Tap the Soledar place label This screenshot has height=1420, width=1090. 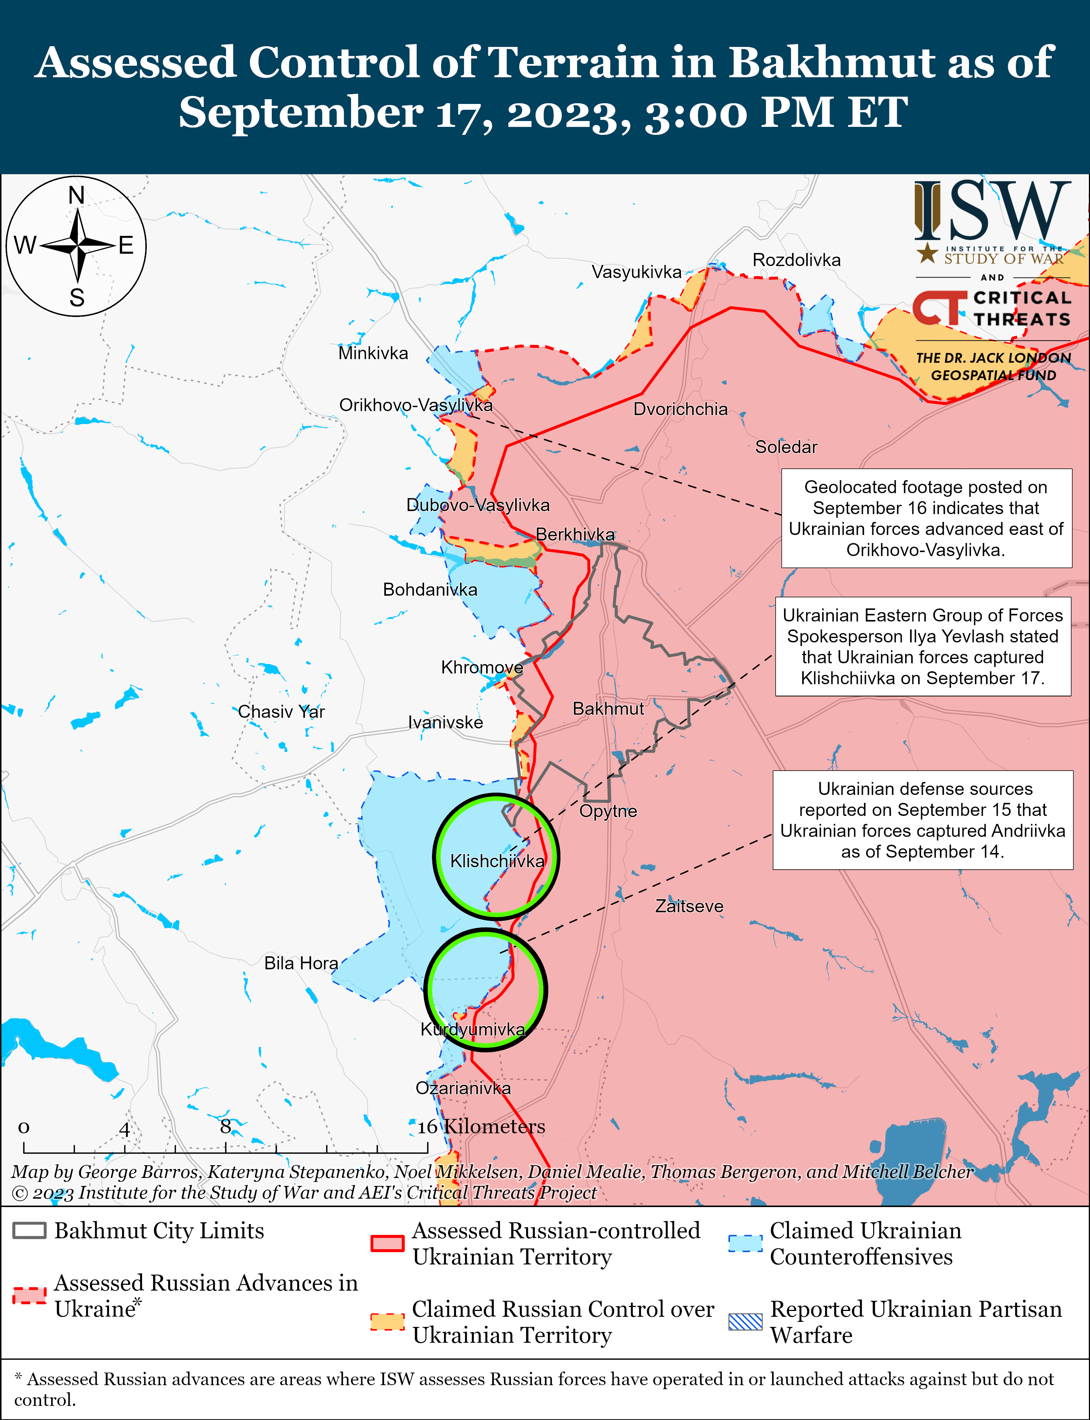coord(786,447)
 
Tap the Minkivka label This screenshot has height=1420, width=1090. coord(373,353)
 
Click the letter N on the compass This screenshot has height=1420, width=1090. coord(77,195)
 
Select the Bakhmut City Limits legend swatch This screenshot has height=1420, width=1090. coord(29,1231)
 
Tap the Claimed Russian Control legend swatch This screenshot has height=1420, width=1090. coord(387,1322)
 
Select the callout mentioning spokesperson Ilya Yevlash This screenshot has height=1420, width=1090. coord(922,647)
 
